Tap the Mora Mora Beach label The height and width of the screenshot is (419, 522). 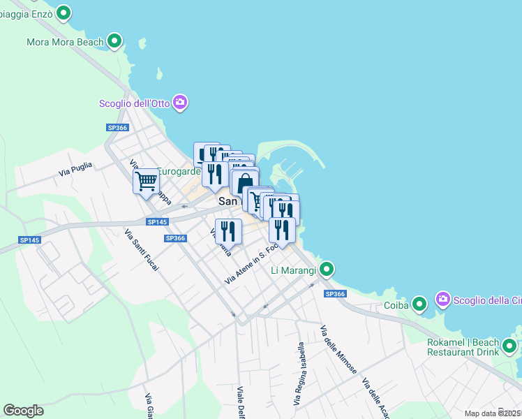pos(65,42)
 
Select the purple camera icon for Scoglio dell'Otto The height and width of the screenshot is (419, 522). pos(180,103)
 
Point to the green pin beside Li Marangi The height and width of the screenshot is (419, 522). pos(327,269)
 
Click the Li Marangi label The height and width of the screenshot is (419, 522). pos(294,270)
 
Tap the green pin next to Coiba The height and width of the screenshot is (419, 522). pos(419,304)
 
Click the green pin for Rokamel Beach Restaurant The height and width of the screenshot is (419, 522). pos(510,346)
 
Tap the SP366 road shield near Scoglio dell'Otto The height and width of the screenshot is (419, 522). pos(117,128)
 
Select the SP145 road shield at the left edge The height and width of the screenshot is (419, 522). pos(30,240)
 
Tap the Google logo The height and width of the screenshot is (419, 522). pos(24,411)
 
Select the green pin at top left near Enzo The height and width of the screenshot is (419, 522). pos(64,13)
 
